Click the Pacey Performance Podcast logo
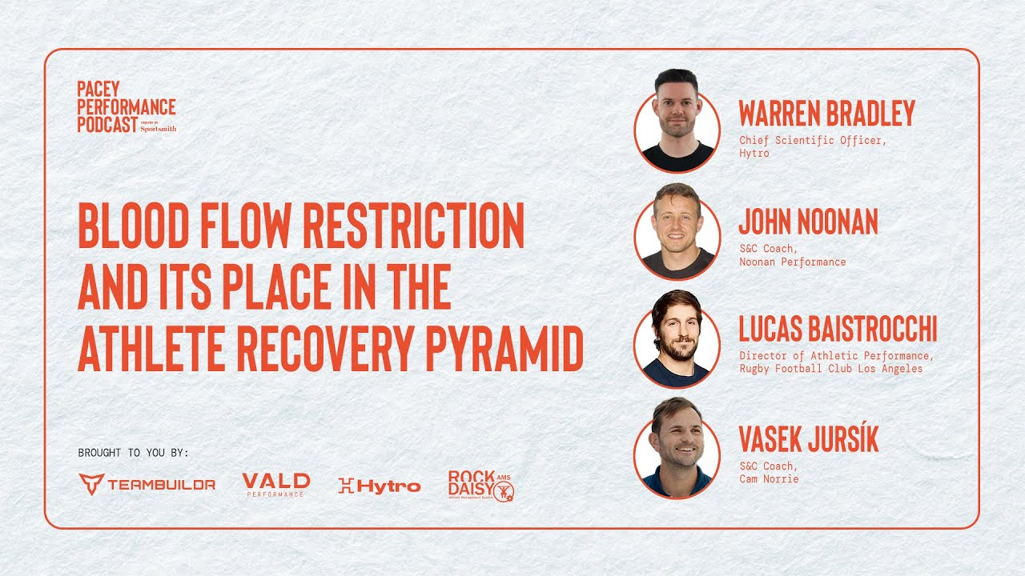pyautogui.click(x=127, y=106)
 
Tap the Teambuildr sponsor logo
pyautogui.click(x=147, y=484)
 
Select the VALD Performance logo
pyautogui.click(x=275, y=484)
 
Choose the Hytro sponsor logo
pyautogui.click(x=379, y=485)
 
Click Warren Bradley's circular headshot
pyautogui.click(x=677, y=124)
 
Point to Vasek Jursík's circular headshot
pyautogui.click(x=677, y=450)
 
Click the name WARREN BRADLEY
pyautogui.click(x=826, y=114)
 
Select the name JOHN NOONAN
pyautogui.click(x=808, y=222)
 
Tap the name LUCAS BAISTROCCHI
pyautogui.click(x=838, y=330)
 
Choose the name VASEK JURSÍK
pyautogui.click(x=808, y=438)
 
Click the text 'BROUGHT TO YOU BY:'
pyautogui.click(x=134, y=453)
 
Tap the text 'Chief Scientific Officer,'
pyautogui.click(x=813, y=140)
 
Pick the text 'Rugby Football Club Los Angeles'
pyautogui.click(x=830, y=369)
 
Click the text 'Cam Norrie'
pyautogui.click(x=769, y=478)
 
